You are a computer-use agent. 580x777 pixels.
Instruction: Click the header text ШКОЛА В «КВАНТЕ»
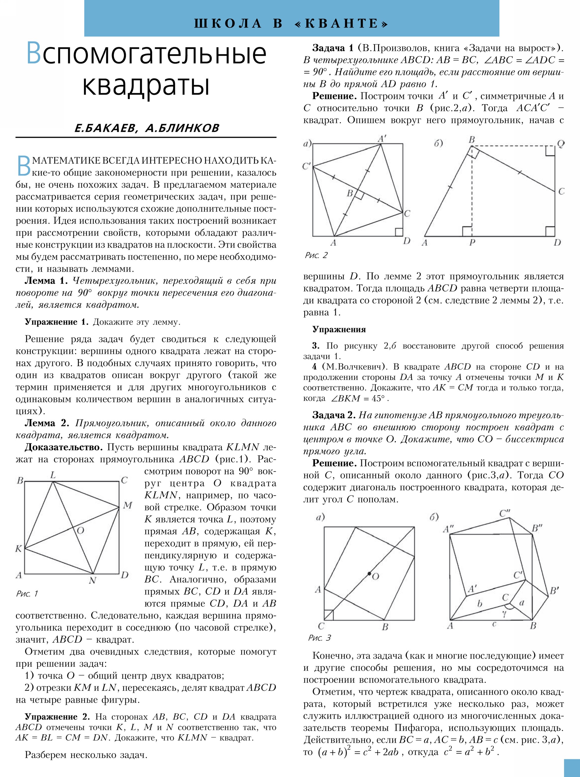(291, 23)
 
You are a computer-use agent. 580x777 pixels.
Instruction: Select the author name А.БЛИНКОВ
(182, 128)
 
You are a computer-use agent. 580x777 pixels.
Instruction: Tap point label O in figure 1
(80, 530)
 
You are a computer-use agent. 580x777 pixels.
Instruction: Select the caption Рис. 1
(27, 594)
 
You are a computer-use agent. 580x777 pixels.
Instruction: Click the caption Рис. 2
(316, 255)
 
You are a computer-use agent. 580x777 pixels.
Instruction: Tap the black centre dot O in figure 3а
(369, 574)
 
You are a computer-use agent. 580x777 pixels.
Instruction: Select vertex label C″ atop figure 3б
(505, 514)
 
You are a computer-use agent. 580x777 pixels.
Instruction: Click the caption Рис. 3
(319, 638)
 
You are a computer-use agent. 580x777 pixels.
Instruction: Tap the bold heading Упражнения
(339, 329)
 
